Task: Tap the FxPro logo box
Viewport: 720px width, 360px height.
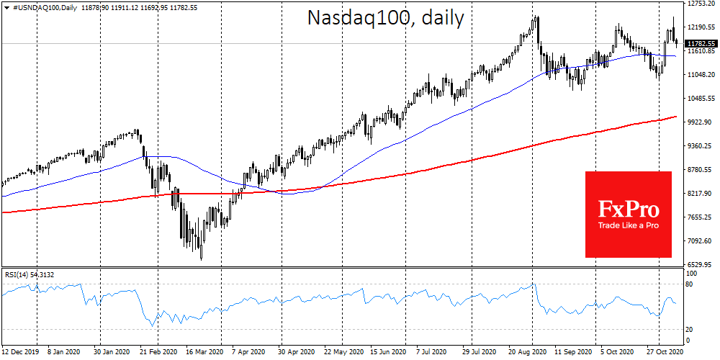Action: point(628,214)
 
